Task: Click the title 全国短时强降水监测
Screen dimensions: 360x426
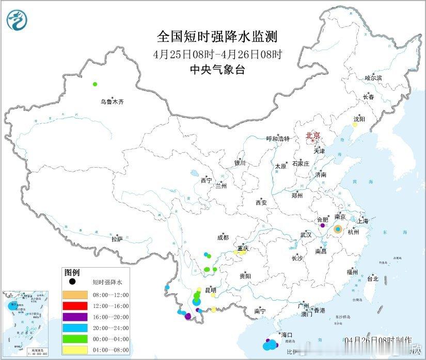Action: pos(217,37)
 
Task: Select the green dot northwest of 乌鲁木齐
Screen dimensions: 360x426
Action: pos(95,84)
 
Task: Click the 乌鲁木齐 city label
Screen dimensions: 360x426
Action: pos(112,102)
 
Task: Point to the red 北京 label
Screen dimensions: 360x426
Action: pos(313,136)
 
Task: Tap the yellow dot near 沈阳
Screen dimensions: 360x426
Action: pos(355,125)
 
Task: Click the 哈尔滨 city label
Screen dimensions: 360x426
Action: pos(373,78)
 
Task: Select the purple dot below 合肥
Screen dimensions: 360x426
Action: pos(323,225)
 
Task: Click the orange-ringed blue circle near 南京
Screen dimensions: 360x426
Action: pos(338,228)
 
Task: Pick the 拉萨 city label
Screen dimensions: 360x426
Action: pos(117,239)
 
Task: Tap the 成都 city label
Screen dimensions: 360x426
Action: pos(223,238)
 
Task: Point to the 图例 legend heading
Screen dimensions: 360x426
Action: pos(72,272)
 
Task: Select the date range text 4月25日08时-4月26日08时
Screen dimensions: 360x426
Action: pos(217,54)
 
